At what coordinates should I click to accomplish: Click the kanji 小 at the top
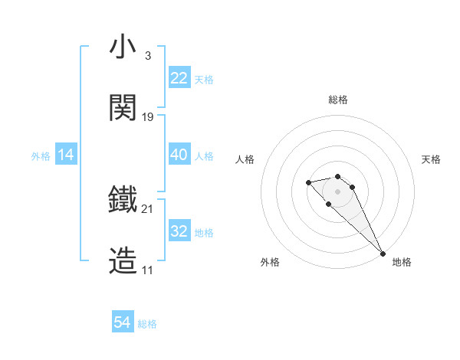pyautogui.click(x=123, y=47)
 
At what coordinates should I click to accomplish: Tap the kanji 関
pyautogui.click(x=123, y=108)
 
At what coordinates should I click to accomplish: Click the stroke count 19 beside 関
pyautogui.click(x=148, y=117)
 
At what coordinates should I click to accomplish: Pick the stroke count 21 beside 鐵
pyautogui.click(x=148, y=208)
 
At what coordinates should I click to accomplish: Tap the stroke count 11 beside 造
pyautogui.click(x=148, y=270)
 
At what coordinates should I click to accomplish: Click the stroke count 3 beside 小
pyautogui.click(x=148, y=56)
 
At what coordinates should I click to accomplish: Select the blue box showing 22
pyautogui.click(x=179, y=78)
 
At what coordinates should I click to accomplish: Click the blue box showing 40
pyautogui.click(x=179, y=155)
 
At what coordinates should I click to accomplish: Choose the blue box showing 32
pyautogui.click(x=179, y=231)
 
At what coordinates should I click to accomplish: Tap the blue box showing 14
pyautogui.click(x=66, y=155)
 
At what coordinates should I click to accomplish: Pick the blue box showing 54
pyautogui.click(x=123, y=323)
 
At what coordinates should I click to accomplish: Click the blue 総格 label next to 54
pyautogui.click(x=147, y=324)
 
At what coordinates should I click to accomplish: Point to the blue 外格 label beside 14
pyautogui.click(x=41, y=155)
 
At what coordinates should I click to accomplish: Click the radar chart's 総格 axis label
pyautogui.click(x=338, y=100)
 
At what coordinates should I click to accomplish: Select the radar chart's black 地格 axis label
pyautogui.click(x=402, y=262)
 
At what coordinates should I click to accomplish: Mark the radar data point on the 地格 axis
pyautogui.click(x=383, y=253)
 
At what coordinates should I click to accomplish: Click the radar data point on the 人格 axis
pyautogui.click(x=308, y=182)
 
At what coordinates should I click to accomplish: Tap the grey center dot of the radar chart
pyautogui.click(x=337, y=191)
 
